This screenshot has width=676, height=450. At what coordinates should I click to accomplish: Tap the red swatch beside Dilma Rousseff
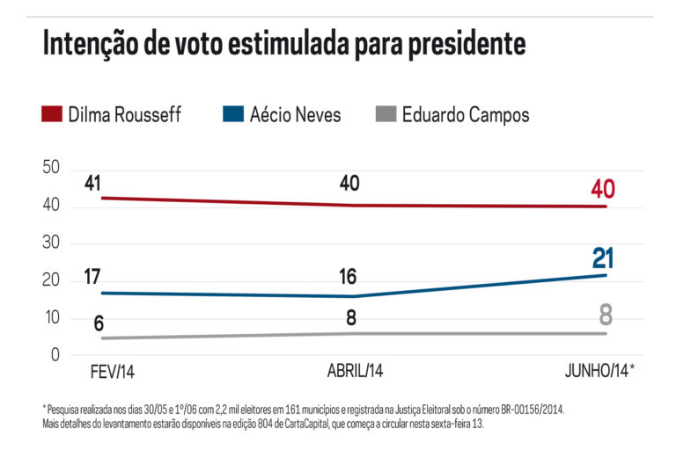point(52,115)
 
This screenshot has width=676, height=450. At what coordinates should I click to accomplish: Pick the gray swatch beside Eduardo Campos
point(384,115)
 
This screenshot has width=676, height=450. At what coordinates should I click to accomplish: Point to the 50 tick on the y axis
point(51,168)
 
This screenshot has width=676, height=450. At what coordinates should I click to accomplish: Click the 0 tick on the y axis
point(55,355)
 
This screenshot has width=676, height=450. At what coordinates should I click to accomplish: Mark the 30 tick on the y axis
point(51,243)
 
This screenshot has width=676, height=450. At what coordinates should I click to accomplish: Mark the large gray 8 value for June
point(605,315)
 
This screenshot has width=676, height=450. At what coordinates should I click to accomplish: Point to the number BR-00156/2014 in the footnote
point(523,410)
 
